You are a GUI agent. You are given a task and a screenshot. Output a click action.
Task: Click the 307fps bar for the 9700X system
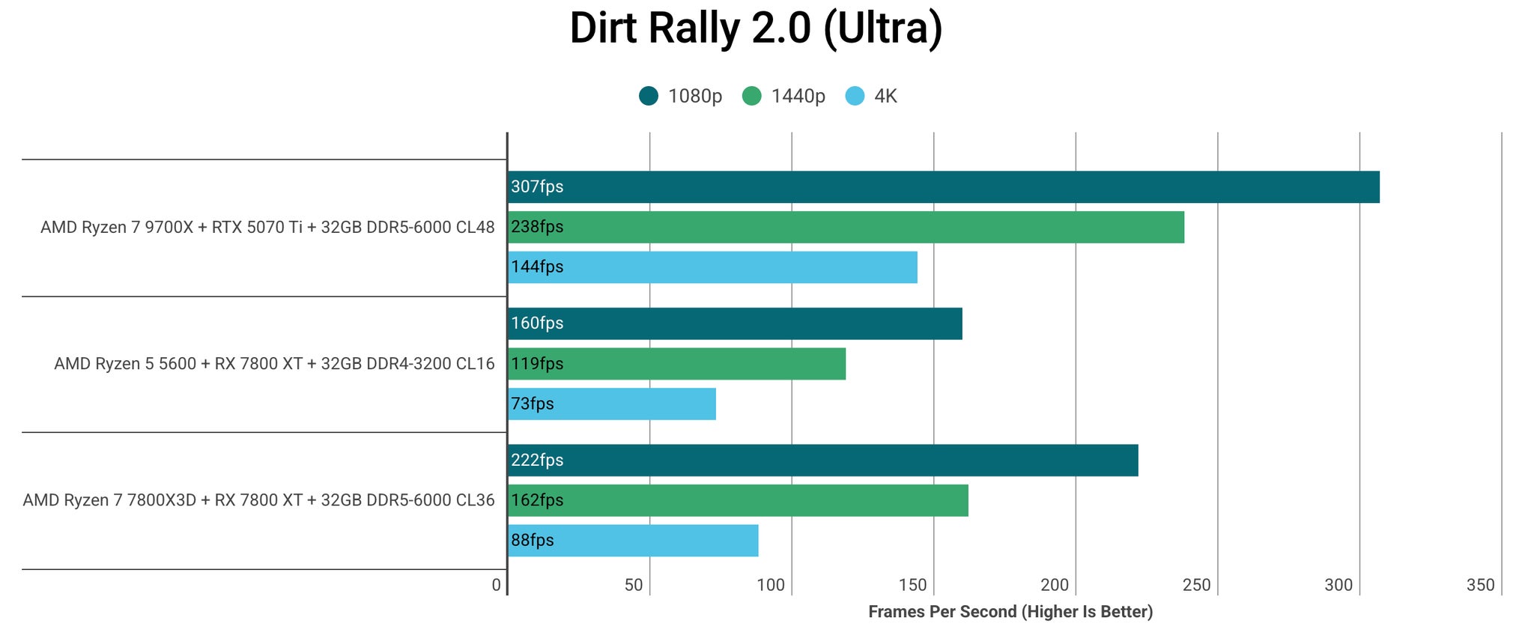944,187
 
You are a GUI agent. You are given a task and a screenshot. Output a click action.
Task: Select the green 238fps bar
846,227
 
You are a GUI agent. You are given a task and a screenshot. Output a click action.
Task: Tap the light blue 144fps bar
712,267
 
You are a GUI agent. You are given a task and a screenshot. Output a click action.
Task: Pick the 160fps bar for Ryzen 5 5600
735,323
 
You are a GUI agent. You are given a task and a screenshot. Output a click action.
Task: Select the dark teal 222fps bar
823,461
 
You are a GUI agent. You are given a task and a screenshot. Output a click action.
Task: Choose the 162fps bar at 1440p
738,500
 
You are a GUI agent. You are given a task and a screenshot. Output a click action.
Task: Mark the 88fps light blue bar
633,541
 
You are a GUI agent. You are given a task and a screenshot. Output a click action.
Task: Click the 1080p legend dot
649,96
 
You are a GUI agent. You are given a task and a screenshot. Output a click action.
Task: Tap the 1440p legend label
798,96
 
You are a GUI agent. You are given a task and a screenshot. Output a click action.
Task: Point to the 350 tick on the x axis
1480,585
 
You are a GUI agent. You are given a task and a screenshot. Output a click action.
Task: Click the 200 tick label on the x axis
1055,585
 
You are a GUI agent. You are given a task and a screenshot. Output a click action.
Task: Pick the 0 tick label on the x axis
497,585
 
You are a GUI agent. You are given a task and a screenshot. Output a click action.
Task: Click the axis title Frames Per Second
1010,612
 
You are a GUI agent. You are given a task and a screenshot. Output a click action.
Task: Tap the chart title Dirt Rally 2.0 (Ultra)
756,28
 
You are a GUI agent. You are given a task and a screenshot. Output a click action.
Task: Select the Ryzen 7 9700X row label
267,227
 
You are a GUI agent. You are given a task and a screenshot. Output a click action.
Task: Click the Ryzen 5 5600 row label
274,364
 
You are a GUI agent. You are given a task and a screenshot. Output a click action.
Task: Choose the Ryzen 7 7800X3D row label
258,500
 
